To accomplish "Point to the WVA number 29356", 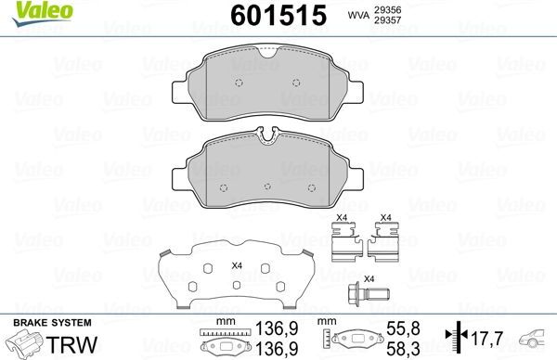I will (x=386, y=9).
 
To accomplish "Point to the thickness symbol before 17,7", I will (x=452, y=338).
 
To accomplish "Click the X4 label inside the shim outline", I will (x=237, y=265).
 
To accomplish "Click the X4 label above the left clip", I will (x=340, y=219).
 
